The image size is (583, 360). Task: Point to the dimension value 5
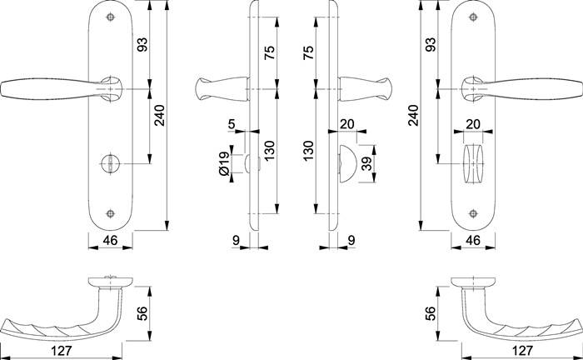pos(231,126)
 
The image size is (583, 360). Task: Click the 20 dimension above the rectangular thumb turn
pos(472,123)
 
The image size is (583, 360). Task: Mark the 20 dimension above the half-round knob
pos(347,123)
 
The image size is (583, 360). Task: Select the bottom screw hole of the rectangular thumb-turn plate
pos(474,213)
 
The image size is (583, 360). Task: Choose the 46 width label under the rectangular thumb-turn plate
pos(472,240)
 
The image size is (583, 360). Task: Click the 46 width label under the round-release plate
pos(108,240)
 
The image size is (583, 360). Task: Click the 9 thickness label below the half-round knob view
pos(351,240)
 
